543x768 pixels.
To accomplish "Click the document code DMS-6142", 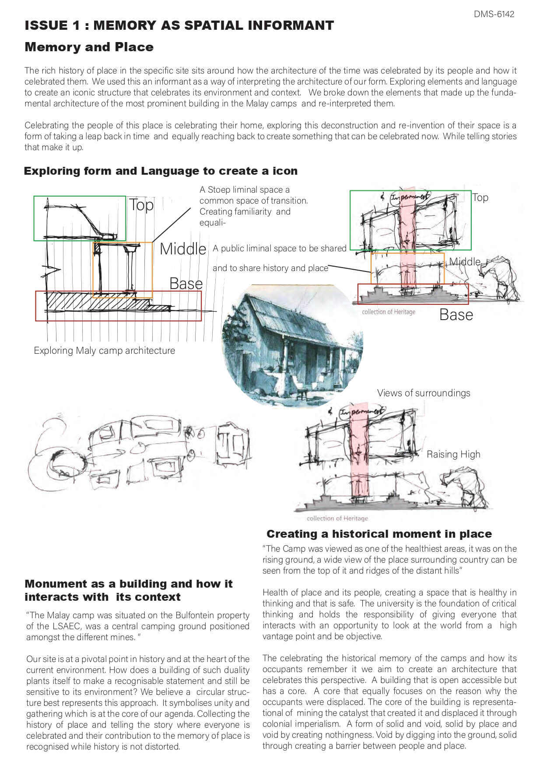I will pos(494,14).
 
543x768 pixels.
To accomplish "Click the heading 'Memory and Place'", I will pos(89,47).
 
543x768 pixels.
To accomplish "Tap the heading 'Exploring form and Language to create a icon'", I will pos(161,171).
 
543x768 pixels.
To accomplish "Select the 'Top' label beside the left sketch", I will pos(141,205).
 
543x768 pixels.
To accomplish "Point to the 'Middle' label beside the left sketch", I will pos(182,249).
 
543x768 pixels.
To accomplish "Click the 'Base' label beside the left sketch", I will pos(186,284).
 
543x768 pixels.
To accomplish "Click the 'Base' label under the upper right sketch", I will pos(456,315).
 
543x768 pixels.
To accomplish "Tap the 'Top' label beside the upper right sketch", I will pos(480,197).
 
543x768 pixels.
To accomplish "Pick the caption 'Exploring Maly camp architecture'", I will pos(104,351).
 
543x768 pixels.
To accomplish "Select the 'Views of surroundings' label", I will pos(424,393).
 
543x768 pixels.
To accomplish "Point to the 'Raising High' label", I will pos(453,454).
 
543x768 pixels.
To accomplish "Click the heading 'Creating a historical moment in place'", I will pos(379,534).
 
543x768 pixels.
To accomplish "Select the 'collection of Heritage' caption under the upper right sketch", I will pos(389,312).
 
